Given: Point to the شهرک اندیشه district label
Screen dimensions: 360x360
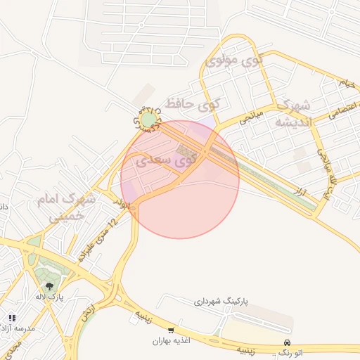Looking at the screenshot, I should (291, 113).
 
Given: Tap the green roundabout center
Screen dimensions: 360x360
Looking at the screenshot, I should (148, 121).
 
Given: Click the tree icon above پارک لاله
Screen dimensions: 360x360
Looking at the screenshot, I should (49, 285).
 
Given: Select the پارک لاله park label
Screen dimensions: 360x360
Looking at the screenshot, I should (51, 298).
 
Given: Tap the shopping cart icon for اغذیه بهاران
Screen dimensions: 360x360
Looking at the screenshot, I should (171, 330).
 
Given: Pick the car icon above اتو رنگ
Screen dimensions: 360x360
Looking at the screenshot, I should (286, 341).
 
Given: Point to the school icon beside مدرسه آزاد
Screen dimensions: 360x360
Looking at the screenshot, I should (11, 317).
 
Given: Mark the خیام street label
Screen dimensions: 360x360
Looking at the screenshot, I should (347, 82).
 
